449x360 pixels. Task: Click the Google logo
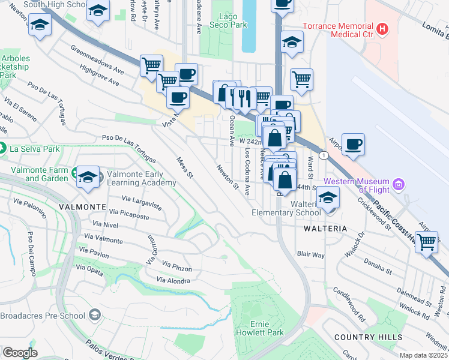click(x=20, y=353)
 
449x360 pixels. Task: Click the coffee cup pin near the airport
click(x=353, y=145)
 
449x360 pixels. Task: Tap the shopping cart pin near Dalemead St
click(x=427, y=242)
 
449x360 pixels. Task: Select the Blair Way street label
click(x=310, y=254)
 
